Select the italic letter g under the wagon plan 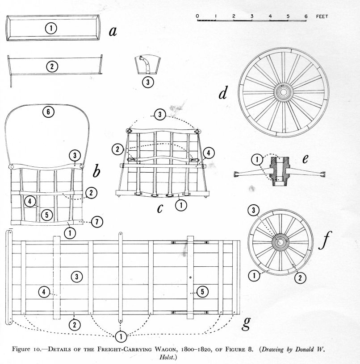coord(245,323)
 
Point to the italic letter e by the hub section coord(306,159)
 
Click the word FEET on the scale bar coord(321,17)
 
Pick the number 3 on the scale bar coord(252,17)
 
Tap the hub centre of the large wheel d coord(283,92)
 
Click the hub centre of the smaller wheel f coord(280,242)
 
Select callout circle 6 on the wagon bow coord(48,112)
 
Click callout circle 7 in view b coord(97,221)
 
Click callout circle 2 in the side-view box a coord(52,67)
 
